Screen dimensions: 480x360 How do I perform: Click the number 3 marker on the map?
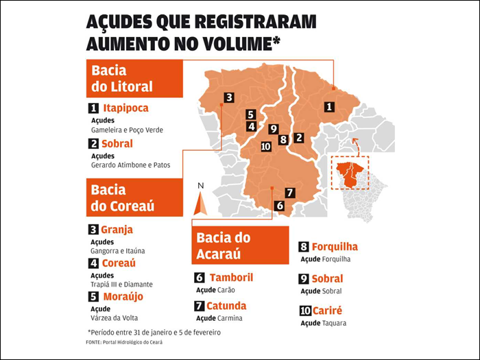tap(228, 97)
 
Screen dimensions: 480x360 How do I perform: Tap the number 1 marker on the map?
tap(329, 106)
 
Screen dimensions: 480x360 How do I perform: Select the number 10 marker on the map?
tap(266, 146)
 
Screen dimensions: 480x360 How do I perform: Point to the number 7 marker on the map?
tap(290, 193)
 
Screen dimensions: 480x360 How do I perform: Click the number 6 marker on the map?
tap(279, 205)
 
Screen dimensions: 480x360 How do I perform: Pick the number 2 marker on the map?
tap(298, 137)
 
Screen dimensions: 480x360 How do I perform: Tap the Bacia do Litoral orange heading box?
tap(134, 80)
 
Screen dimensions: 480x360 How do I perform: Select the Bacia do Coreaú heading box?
tap(134, 197)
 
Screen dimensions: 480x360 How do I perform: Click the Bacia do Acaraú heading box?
tap(237, 245)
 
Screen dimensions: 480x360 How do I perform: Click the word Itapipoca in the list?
tap(125, 108)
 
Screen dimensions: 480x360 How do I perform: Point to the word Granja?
tap(117, 230)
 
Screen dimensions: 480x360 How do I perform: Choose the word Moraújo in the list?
tap(123, 296)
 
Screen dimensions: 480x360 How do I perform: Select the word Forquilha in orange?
tap(335, 247)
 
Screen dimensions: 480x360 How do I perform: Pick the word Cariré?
tap(330, 311)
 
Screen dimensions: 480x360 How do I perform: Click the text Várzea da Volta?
tap(115, 317)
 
